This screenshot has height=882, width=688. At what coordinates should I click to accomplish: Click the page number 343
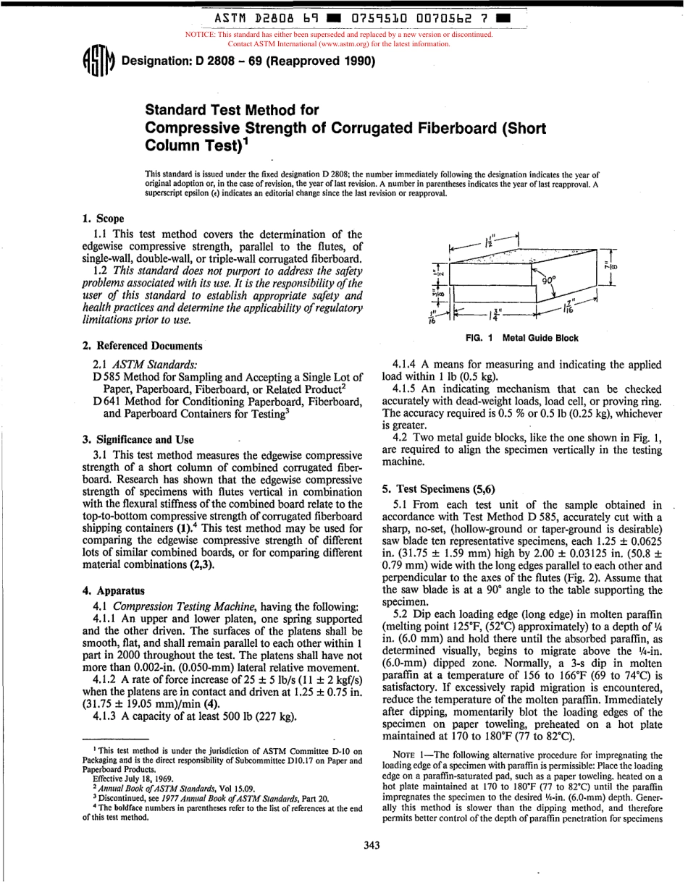pyautogui.click(x=372, y=844)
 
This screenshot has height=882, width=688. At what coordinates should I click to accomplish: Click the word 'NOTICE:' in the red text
pyautogui.click(x=204, y=35)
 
